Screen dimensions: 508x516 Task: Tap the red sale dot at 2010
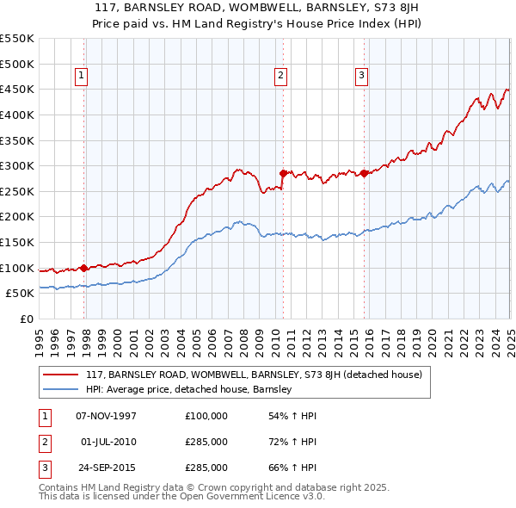tap(283, 172)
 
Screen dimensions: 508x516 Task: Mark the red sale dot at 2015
tap(365, 172)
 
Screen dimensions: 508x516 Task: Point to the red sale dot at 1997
tap(83, 267)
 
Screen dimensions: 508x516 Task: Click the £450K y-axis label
tap(17, 89)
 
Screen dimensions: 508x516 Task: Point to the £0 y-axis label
tap(27, 319)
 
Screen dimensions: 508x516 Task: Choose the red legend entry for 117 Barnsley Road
tap(254, 375)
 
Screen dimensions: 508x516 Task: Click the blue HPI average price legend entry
tap(189, 389)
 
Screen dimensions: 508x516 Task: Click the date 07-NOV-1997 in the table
tap(107, 416)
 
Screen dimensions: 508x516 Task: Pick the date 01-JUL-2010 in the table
tap(108, 442)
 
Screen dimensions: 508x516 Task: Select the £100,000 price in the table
tap(206, 416)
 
